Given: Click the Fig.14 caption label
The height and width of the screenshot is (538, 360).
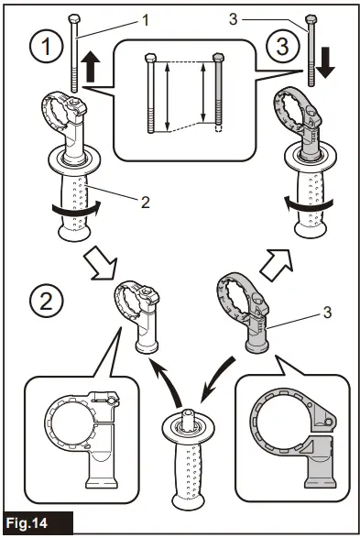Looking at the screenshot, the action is point(27,523).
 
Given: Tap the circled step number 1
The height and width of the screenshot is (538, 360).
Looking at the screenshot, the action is point(47,46).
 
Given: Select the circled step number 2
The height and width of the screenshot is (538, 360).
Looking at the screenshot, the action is point(47,301).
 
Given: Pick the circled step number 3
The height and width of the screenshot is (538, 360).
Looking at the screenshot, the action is point(282,46).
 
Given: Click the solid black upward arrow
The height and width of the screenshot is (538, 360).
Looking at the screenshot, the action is point(91,67).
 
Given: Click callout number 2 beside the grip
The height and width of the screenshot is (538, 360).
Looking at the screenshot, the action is point(146,203).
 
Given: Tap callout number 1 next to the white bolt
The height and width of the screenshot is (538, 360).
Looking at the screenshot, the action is point(146,20).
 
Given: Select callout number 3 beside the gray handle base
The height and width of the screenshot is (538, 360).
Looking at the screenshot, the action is point(327,313).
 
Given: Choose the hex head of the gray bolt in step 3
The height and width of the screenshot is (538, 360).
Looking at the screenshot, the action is point(311,18).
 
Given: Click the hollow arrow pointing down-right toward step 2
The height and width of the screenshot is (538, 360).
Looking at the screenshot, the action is point(101,262).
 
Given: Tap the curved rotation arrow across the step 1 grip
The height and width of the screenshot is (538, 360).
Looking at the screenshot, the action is point(76,209).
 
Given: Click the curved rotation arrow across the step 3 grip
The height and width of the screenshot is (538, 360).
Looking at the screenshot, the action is point(308,204).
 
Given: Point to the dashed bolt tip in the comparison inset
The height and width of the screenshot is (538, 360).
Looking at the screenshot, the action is point(218,128).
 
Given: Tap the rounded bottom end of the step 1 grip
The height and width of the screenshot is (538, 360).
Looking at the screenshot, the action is point(75,233).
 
